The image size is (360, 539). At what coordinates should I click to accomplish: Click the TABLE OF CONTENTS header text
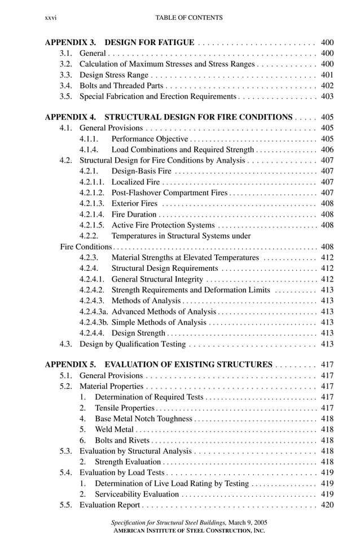[x=188, y=18]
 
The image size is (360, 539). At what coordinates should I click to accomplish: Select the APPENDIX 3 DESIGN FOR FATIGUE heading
[x=120, y=42]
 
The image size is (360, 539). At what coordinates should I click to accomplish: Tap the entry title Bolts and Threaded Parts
[x=121, y=86]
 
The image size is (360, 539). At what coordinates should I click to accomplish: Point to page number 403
[x=327, y=97]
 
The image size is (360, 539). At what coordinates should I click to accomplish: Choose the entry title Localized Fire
[x=135, y=182]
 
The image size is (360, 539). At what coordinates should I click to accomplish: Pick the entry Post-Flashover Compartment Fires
[x=169, y=192]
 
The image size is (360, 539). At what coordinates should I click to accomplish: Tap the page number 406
[x=327, y=150]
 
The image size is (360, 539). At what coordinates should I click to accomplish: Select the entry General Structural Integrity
[x=157, y=279]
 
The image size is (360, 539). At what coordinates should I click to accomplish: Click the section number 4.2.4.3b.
[x=94, y=322]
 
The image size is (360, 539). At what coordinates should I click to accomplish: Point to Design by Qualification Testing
[x=132, y=344]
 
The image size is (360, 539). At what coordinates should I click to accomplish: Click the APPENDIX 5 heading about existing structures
[x=159, y=365]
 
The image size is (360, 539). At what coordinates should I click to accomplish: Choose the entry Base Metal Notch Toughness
[x=143, y=419]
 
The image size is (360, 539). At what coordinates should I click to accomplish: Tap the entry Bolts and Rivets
[x=122, y=440]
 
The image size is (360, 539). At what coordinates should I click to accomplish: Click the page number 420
[x=327, y=505]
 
